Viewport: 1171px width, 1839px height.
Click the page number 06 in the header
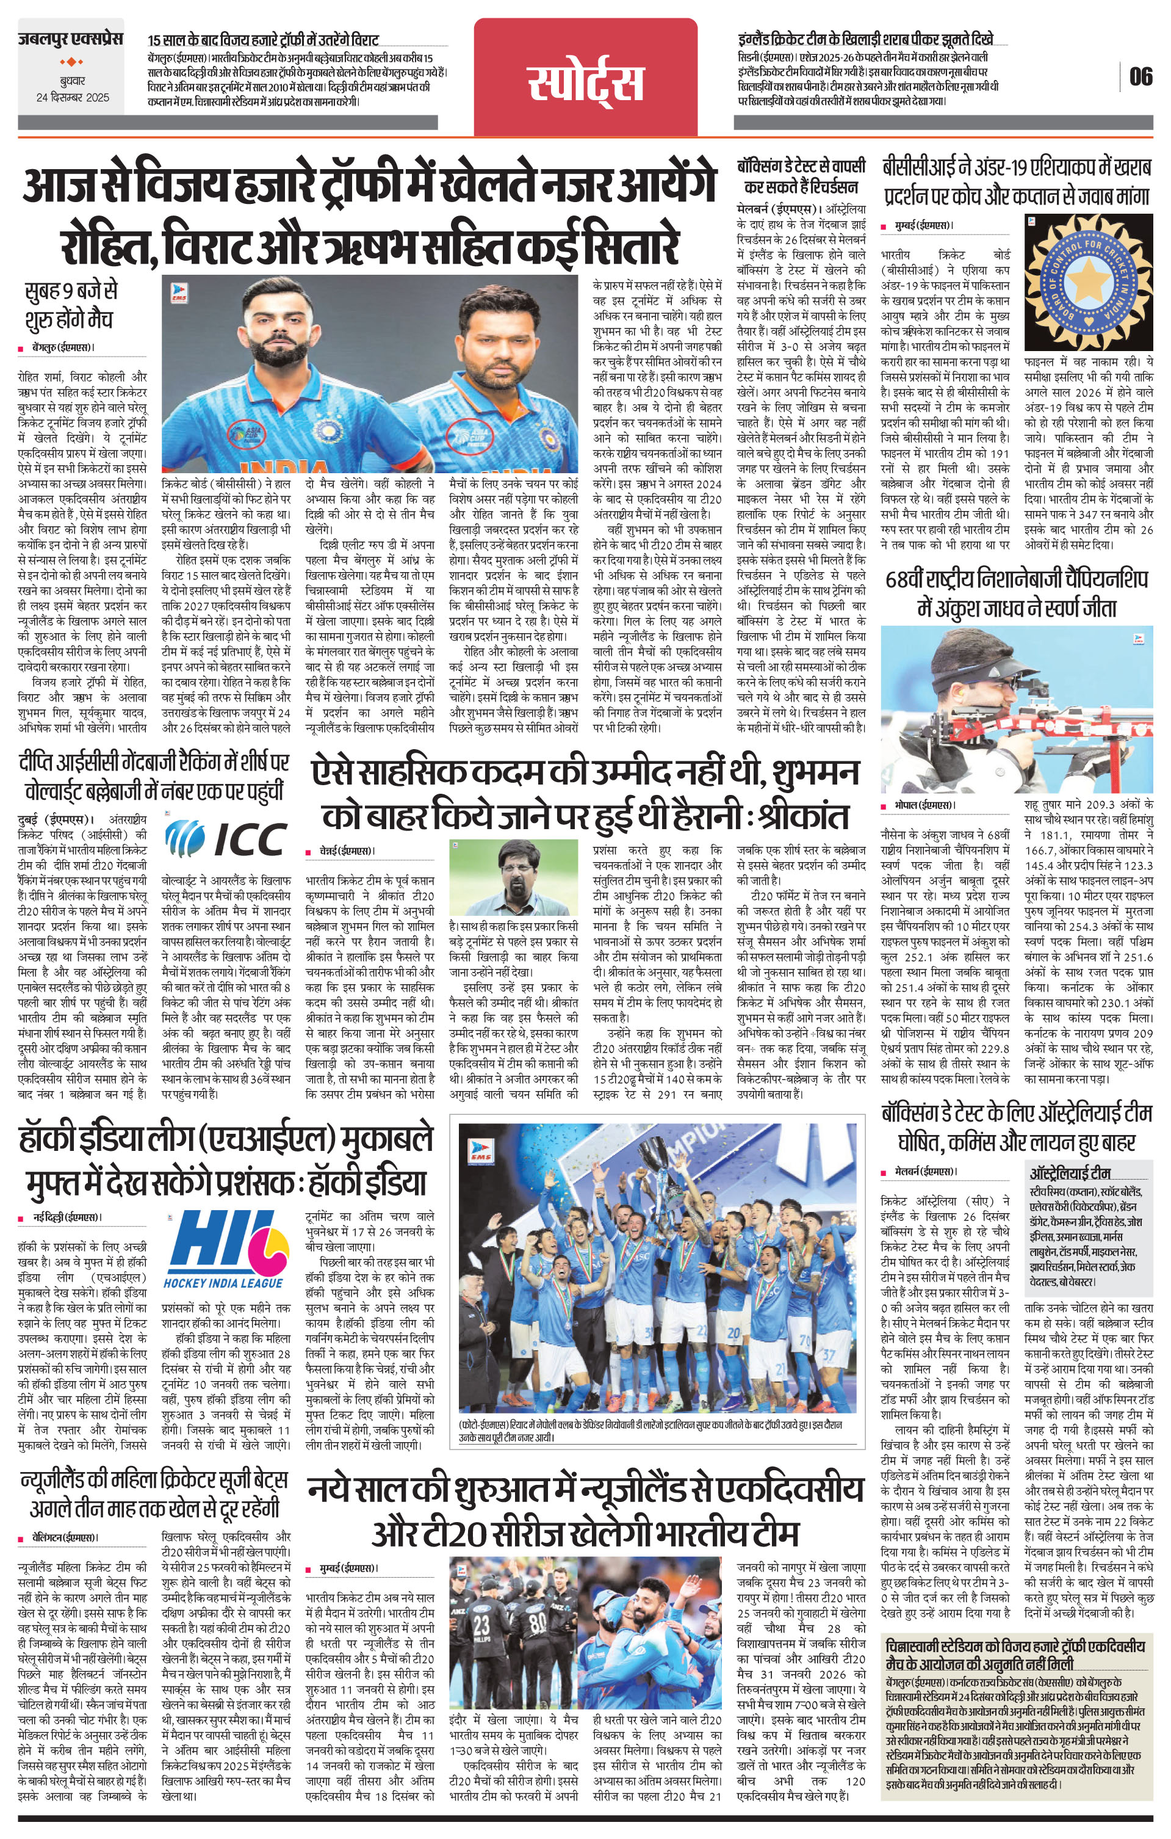coord(1140,76)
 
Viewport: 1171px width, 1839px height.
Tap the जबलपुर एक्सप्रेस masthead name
coord(70,38)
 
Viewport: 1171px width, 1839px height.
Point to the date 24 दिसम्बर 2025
coord(73,98)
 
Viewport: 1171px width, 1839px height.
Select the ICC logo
coord(226,838)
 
